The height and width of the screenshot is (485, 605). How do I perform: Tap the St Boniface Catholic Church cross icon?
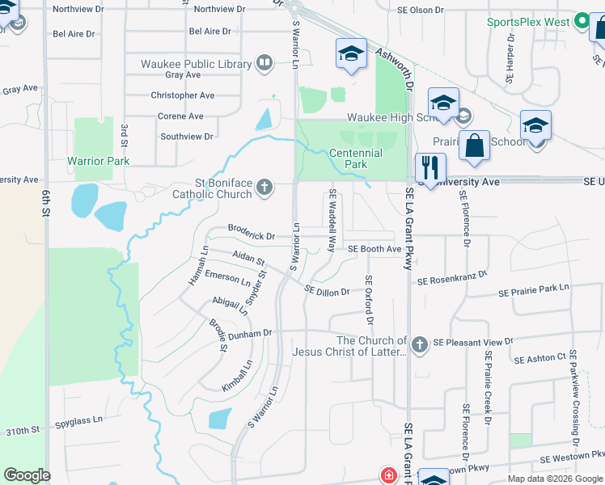(x=264, y=188)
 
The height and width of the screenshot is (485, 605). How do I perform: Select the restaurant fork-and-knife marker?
(x=430, y=167)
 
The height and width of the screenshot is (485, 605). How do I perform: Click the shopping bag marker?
(x=474, y=145)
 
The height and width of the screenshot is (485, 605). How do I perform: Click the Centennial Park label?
(x=356, y=158)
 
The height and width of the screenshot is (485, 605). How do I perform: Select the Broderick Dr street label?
(x=252, y=236)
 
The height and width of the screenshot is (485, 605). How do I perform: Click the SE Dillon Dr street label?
(x=327, y=290)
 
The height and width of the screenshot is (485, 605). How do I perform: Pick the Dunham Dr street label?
(x=250, y=333)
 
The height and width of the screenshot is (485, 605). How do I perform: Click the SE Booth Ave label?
(x=374, y=249)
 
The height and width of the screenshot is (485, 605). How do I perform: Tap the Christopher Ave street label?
(x=183, y=95)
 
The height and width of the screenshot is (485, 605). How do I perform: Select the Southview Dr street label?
(x=187, y=137)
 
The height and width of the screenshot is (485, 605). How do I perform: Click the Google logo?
(x=27, y=475)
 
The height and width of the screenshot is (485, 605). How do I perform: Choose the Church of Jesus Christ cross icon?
(x=419, y=345)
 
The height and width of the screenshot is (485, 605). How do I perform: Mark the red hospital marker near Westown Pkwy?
(x=388, y=475)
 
